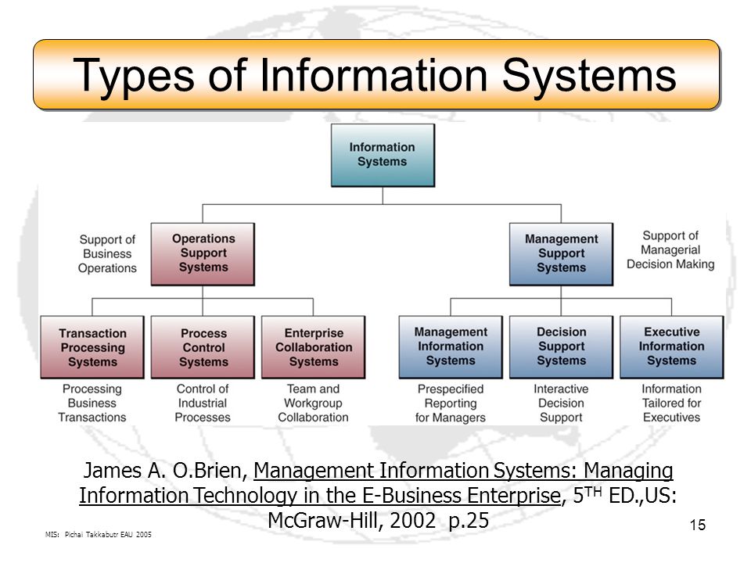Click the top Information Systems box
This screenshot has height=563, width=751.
383,155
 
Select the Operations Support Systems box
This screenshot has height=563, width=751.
203,254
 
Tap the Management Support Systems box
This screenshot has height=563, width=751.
561,254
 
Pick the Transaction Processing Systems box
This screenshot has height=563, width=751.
92,347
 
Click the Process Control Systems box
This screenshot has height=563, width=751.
203,347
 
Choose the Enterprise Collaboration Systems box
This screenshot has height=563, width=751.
313,347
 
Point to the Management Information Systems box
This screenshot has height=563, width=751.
451,347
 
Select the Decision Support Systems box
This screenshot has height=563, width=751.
561,347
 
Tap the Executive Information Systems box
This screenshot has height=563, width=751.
671,347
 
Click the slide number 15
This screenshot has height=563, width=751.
697,525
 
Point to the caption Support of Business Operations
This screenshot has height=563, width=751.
107,253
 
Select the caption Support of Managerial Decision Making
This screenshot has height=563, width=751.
670,250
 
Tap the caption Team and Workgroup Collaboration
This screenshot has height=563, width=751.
313,403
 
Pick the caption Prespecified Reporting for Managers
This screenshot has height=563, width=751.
451,403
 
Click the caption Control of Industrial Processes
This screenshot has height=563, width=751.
203,403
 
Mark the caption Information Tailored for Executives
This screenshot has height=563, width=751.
671,403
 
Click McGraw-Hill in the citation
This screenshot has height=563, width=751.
322,521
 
